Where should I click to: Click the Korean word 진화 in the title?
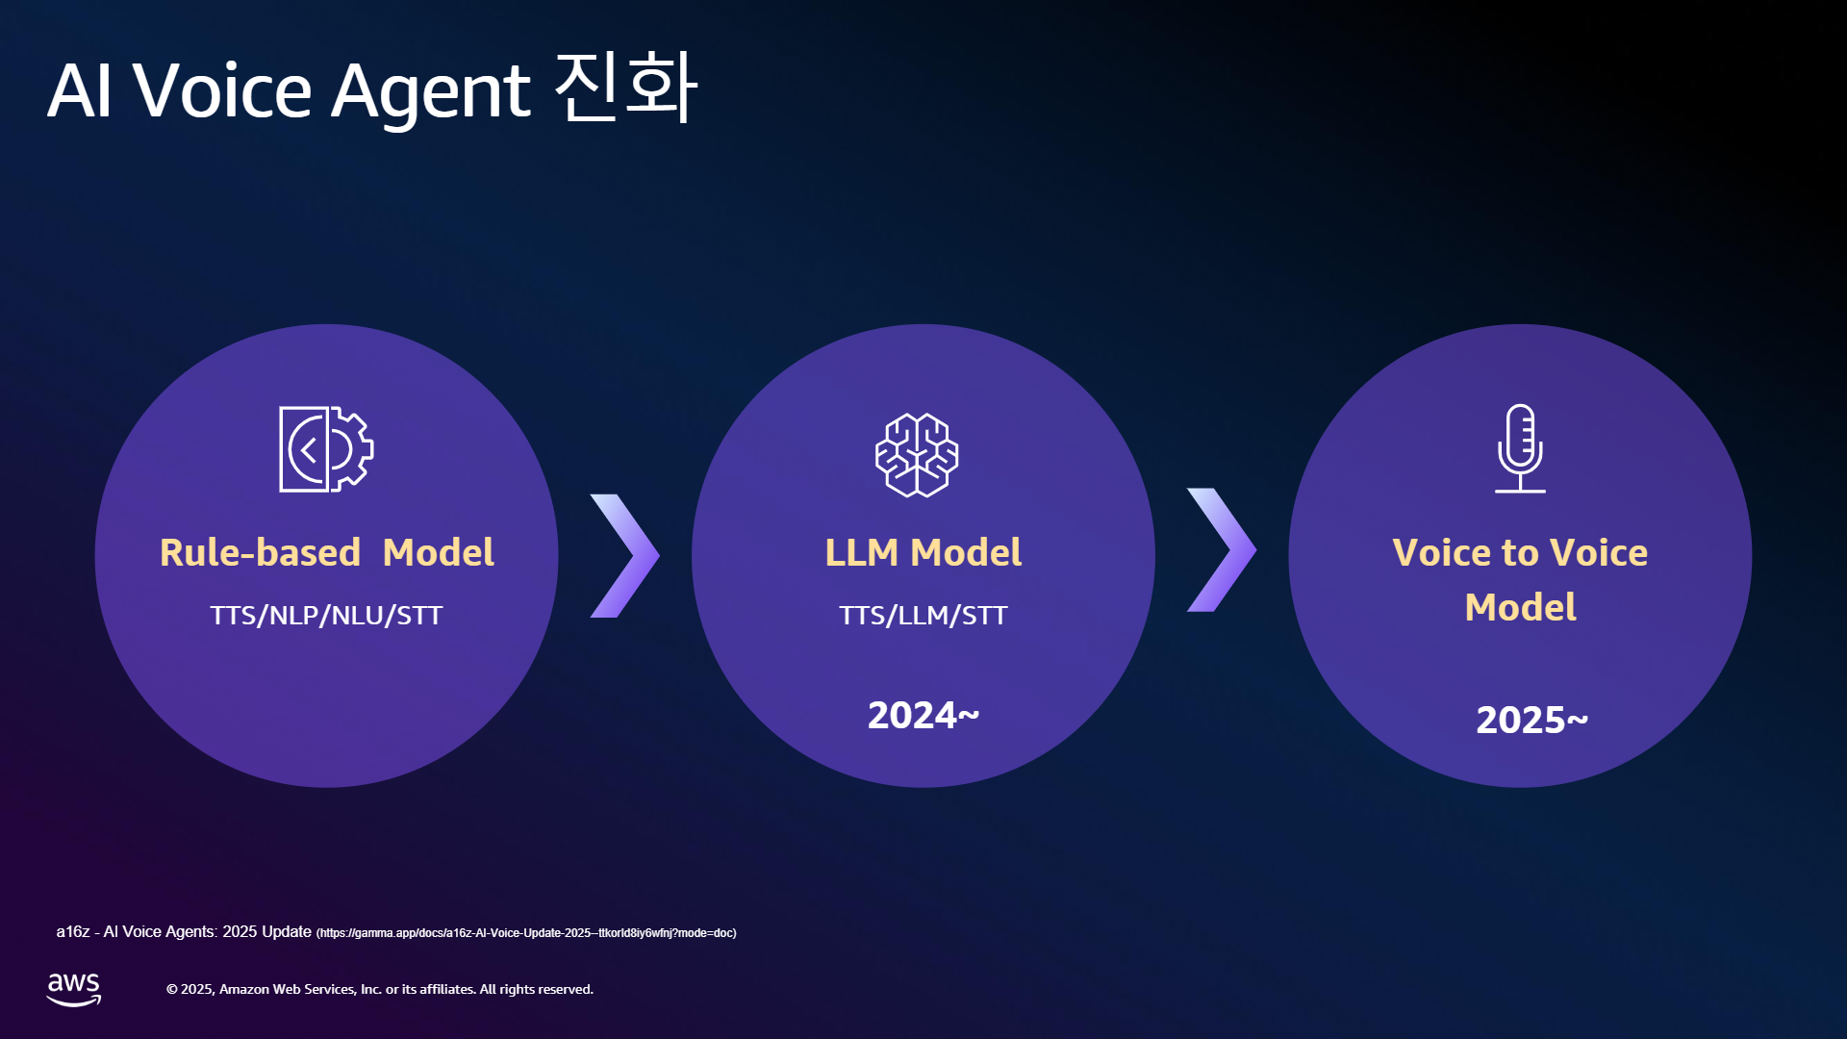626,88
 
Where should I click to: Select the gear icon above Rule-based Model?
326,449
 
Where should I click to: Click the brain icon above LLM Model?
917,455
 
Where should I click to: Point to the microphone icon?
1520,448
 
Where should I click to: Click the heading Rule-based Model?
327,552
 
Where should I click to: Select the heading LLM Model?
923,552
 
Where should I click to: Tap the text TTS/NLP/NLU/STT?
326,615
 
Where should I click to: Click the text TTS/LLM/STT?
923,615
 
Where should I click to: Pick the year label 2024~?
923,715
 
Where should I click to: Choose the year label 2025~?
1532,720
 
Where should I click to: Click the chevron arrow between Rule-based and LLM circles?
625,555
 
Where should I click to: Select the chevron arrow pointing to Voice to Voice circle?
1222,549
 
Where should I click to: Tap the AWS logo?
74,989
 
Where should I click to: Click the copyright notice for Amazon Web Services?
380,989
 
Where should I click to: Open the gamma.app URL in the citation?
526,933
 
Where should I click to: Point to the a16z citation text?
184,931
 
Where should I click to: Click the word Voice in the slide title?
222,90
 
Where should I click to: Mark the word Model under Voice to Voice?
1521,607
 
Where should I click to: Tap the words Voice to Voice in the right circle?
1520,552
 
